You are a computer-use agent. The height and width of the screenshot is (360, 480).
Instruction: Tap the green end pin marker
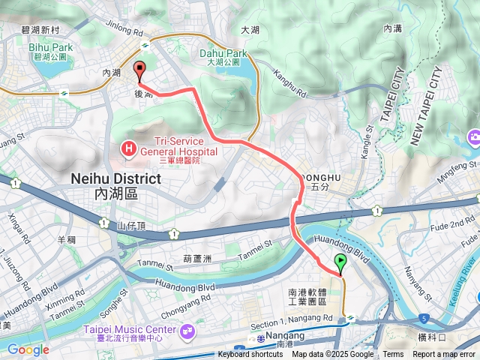341,263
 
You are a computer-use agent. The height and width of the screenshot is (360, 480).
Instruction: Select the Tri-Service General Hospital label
175,148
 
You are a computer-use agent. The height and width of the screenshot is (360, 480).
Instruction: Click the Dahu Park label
223,54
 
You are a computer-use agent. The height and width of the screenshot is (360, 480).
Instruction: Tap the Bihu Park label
49,47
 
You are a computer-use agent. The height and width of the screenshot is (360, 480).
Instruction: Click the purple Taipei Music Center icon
187,329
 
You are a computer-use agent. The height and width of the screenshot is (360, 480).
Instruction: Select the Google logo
28,349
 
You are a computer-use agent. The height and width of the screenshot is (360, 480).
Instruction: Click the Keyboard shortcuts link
250,355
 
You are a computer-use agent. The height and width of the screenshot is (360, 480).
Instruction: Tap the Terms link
393,355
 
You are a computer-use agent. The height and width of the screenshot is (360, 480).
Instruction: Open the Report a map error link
445,355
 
